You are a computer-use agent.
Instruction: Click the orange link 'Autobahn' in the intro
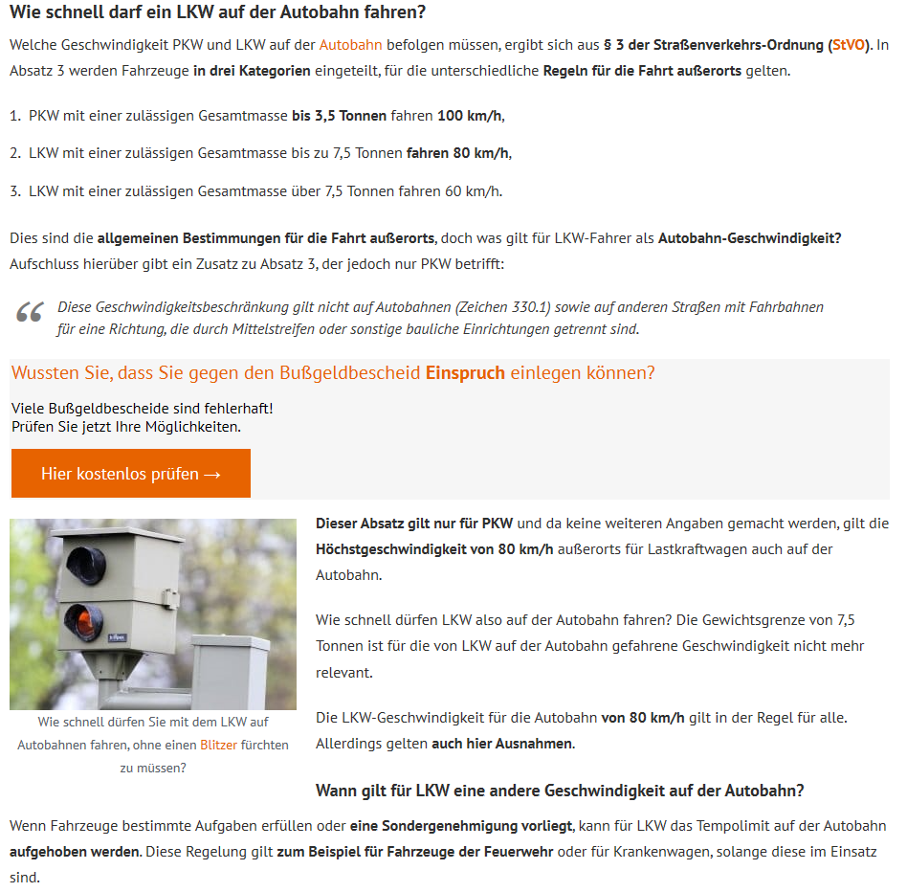(350, 45)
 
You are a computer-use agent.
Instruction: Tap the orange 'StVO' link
(849, 45)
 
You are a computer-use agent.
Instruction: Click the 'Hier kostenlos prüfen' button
(131, 473)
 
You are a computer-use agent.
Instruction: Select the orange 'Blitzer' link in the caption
(219, 745)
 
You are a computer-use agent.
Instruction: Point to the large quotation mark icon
(30, 312)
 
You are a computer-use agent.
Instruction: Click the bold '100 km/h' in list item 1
(470, 116)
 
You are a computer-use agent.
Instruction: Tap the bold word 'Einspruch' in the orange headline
(465, 373)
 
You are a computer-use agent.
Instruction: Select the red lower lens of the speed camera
(84, 622)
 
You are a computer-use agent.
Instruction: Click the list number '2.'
(15, 153)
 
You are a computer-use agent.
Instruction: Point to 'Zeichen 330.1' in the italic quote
(504, 307)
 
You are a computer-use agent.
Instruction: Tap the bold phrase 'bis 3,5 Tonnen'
(339, 116)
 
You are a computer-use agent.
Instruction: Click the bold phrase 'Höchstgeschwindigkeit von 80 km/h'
(434, 549)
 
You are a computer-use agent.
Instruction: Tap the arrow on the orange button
(212, 475)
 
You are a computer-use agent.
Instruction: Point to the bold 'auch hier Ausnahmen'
(502, 744)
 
